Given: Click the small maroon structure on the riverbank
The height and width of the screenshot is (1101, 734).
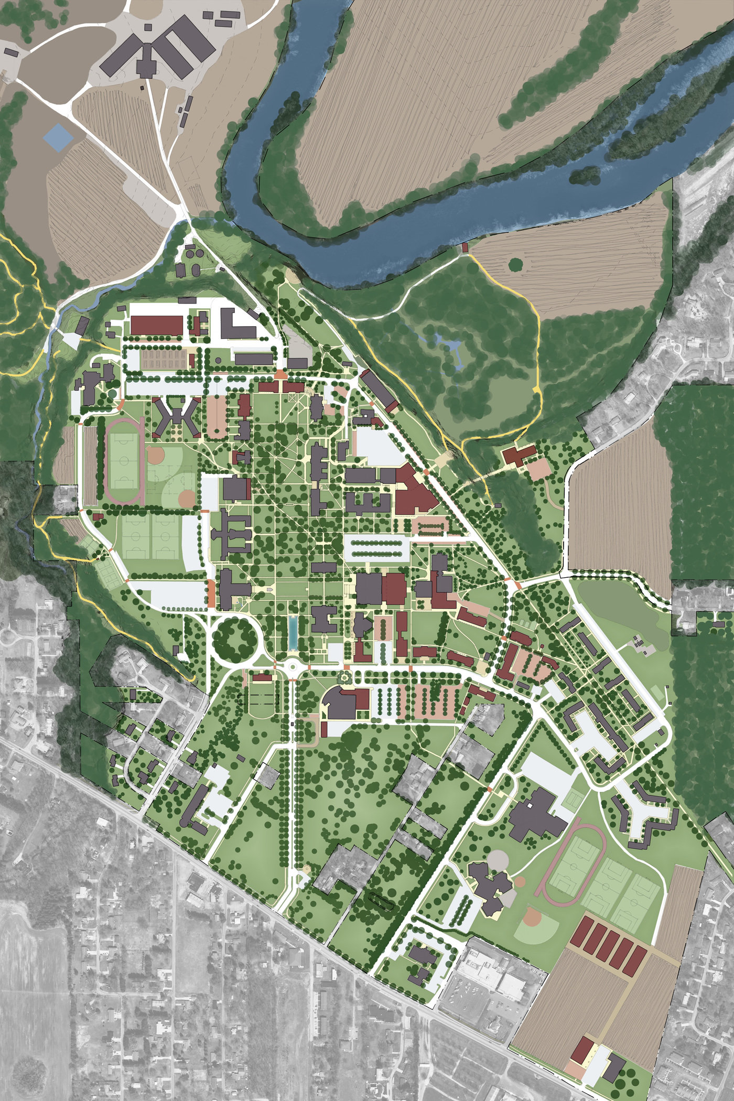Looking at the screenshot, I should pyautogui.click(x=464, y=246).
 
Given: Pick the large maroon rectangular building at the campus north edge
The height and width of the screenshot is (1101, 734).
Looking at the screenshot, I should pyautogui.click(x=156, y=325).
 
